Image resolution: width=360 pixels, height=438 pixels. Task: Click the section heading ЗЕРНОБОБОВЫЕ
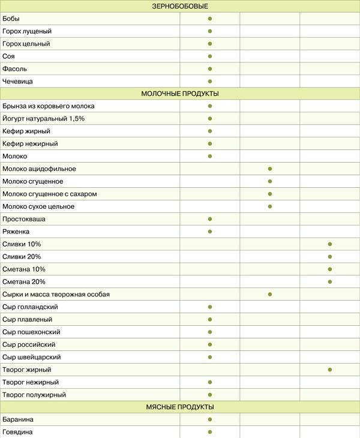(x=179, y=6)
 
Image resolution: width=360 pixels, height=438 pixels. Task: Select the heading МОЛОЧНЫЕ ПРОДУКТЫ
(x=179, y=94)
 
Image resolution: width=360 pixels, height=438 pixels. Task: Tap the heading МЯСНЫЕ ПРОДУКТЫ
(x=180, y=407)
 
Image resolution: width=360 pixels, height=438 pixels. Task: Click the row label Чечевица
(x=18, y=81)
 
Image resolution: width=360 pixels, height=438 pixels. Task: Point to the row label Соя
(x=9, y=56)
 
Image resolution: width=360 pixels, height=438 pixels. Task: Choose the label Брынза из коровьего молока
(x=49, y=106)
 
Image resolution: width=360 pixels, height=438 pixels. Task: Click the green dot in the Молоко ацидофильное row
(x=270, y=169)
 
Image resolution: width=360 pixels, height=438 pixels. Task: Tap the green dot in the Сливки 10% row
(x=330, y=244)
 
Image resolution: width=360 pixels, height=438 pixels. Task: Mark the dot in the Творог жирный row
(x=330, y=370)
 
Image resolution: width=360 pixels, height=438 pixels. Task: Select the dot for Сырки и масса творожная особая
(x=270, y=295)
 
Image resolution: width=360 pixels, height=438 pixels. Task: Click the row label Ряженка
(x=16, y=232)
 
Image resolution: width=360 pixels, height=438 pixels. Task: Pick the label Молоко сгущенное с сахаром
(x=50, y=194)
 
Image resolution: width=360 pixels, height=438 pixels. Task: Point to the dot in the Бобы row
(x=210, y=19)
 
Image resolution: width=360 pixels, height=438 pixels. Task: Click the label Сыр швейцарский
(x=31, y=357)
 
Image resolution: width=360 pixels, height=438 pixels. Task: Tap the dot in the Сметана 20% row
(x=330, y=282)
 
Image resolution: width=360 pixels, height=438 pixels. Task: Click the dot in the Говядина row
(x=210, y=432)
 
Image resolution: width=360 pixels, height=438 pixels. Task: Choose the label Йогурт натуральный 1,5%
(x=44, y=119)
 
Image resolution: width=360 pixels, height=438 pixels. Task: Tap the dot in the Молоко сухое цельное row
(x=270, y=206)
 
